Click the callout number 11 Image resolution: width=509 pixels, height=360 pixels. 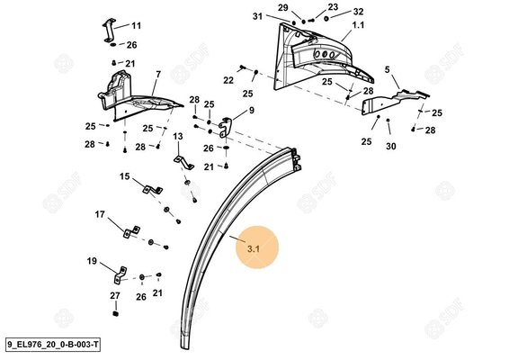pyautogui.click(x=137, y=26)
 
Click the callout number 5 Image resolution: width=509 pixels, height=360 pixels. pyautogui.click(x=388, y=69)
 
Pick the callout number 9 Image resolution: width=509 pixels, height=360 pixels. pyautogui.click(x=251, y=111)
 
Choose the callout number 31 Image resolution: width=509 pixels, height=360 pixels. pyautogui.click(x=256, y=17)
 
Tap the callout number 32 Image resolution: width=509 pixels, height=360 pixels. pyautogui.click(x=334, y=12)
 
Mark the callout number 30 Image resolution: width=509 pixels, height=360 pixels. pyautogui.click(x=390, y=146)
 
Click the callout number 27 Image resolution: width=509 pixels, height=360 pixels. pyautogui.click(x=115, y=296)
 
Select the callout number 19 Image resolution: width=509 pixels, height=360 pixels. pyautogui.click(x=91, y=261)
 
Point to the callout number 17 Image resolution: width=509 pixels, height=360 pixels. pyautogui.click(x=101, y=213)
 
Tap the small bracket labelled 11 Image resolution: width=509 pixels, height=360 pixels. pyautogui.click(x=103, y=29)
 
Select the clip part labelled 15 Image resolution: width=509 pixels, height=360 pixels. pyautogui.click(x=149, y=189)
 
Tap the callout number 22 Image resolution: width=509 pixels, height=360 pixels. pyautogui.click(x=228, y=80)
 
